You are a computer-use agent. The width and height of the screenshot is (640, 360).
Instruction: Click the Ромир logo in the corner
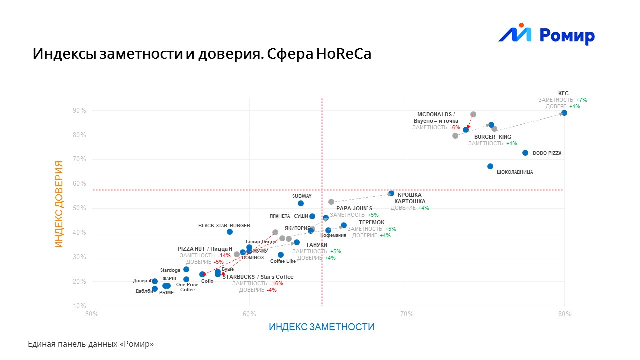[546, 35]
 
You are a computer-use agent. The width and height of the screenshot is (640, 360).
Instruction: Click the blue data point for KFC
[564, 113]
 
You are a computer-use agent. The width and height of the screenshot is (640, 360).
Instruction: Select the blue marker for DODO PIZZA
[525, 153]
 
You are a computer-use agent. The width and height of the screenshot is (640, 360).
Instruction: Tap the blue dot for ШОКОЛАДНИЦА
[490, 166]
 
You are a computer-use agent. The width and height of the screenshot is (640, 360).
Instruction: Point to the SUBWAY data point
[301, 203]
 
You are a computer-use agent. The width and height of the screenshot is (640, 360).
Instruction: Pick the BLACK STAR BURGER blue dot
[230, 232]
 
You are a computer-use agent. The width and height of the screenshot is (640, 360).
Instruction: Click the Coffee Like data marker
[281, 255]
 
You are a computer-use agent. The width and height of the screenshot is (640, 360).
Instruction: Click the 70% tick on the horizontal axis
[407, 314]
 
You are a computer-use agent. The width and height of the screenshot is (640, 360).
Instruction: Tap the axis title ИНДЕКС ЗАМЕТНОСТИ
[321, 327]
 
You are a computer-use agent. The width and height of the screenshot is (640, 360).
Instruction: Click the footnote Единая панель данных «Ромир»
[91, 344]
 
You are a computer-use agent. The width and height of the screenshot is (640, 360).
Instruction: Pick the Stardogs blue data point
[186, 269]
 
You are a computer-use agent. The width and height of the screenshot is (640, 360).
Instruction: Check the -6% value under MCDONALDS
[455, 128]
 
